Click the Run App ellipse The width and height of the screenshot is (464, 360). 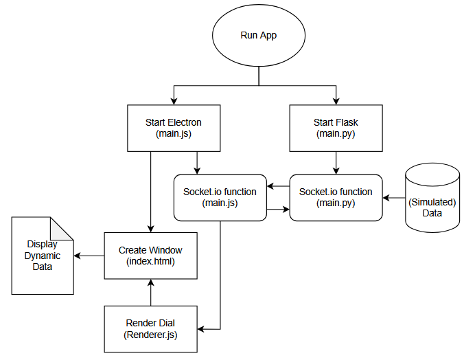point(258,36)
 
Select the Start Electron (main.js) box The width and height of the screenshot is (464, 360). point(174,128)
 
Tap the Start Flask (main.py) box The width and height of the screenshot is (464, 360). point(336,128)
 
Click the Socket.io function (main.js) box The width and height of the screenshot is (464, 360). point(220,197)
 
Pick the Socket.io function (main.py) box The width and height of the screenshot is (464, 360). point(336,197)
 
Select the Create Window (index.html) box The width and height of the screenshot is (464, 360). point(150,256)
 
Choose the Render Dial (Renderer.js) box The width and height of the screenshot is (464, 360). point(150,329)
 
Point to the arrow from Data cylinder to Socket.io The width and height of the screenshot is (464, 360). point(394,198)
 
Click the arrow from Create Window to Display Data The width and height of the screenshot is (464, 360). point(89,256)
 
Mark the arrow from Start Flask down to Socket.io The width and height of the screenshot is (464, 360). point(336,162)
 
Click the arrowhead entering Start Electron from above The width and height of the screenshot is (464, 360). point(174,101)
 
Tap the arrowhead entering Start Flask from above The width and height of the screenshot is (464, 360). point(336,101)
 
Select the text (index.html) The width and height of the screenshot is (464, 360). point(150,262)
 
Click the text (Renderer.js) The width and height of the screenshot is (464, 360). point(150,335)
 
